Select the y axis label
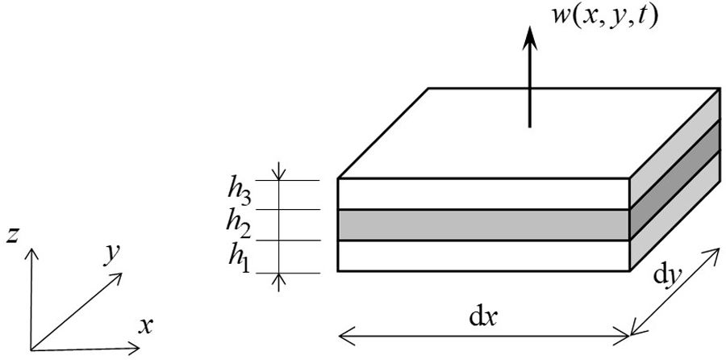click(x=112, y=254)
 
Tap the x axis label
click(x=146, y=326)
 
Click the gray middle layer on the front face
click(x=484, y=224)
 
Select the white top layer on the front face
click(x=484, y=194)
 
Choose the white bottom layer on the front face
click(x=484, y=255)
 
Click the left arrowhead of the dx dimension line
click(x=341, y=332)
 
